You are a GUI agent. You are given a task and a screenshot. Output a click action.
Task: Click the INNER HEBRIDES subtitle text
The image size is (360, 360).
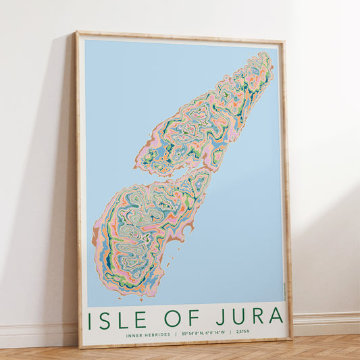click(x=147, y=332)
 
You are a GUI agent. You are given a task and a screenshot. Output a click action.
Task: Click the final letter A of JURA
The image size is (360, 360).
click(x=277, y=315)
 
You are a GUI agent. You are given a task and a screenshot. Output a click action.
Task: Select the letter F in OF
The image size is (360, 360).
click(x=192, y=316)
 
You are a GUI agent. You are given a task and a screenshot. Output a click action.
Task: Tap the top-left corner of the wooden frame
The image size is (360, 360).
click(x=77, y=32)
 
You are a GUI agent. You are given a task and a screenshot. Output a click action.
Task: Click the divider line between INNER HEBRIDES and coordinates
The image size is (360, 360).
click(x=175, y=332)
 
